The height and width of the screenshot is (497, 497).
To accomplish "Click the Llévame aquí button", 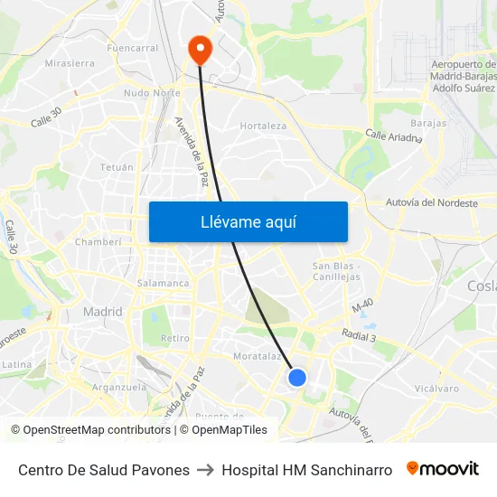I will click(x=248, y=221).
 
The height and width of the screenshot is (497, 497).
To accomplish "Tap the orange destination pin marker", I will click(x=198, y=49).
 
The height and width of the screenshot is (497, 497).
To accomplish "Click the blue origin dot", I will click(x=297, y=378).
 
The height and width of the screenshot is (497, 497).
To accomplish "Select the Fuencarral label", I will click(x=132, y=48).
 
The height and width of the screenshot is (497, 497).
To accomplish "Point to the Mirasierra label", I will click(x=70, y=64).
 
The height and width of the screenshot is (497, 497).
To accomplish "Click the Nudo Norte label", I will click(x=152, y=93).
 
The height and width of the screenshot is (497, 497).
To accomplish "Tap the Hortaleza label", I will click(x=263, y=126).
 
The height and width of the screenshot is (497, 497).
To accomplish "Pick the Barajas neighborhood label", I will click(x=428, y=122).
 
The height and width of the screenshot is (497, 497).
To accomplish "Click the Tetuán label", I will click(x=117, y=167).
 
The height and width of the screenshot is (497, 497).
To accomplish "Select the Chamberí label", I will click(x=98, y=242).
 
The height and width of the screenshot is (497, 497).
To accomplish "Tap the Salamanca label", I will click(x=163, y=283).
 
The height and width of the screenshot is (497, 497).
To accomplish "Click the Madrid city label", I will click(x=102, y=312).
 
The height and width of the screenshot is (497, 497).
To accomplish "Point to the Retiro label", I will click(x=174, y=338).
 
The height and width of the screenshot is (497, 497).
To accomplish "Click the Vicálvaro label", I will click(x=437, y=388).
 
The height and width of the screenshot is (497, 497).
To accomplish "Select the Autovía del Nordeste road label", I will click(x=431, y=203).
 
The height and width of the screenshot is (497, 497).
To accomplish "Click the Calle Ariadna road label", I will click(x=393, y=136).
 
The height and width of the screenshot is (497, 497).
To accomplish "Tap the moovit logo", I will click(x=443, y=469).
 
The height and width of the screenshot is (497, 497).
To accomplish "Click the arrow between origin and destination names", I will click(x=205, y=470).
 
